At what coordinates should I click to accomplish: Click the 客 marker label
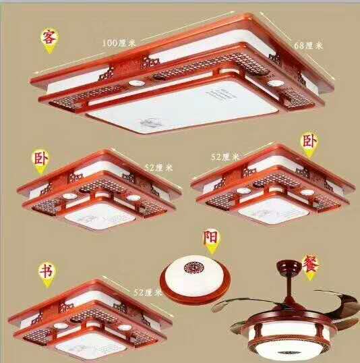49,37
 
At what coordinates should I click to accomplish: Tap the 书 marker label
47,271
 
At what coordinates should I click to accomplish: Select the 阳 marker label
211,237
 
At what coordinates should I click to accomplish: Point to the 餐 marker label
311,263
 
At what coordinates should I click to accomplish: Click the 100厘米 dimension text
119,43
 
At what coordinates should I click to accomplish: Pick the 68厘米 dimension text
308,46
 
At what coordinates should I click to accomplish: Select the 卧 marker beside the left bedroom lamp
40,159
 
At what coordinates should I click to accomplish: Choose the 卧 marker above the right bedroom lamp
309,141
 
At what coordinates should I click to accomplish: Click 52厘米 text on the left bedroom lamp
158,168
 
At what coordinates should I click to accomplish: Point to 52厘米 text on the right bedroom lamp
225,157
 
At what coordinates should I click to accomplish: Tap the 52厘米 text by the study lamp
148,293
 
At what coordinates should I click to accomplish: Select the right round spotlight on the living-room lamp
276,83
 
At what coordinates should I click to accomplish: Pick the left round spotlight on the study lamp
61,326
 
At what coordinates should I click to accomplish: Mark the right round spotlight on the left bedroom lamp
133,198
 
